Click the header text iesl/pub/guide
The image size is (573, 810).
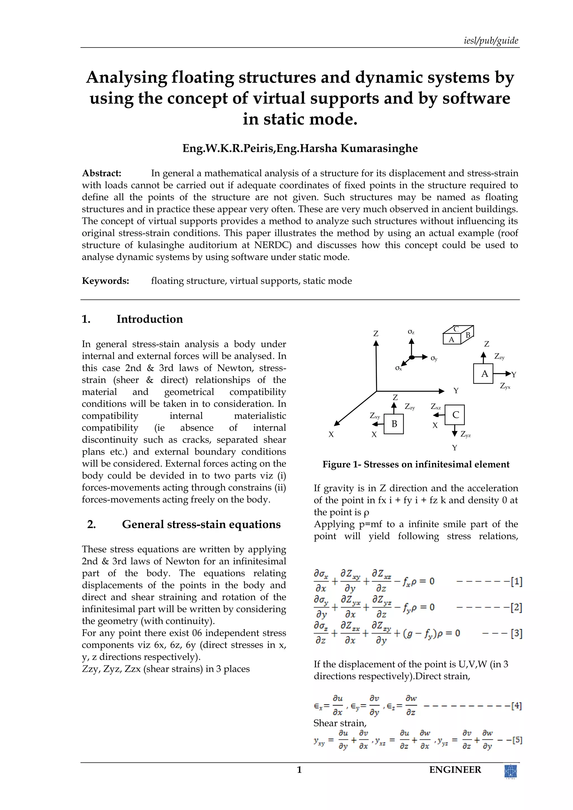point(491,41)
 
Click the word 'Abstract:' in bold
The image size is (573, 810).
point(102,173)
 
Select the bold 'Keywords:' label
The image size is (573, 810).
point(105,281)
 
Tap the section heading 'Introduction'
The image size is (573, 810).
point(150,319)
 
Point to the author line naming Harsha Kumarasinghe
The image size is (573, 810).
point(300,148)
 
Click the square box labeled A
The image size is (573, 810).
point(483,374)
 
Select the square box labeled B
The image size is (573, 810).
point(393,424)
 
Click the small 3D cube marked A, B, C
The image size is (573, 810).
point(458,335)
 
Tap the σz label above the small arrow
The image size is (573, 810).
point(411,332)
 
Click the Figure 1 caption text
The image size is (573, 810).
point(416,464)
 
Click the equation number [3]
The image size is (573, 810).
point(516,633)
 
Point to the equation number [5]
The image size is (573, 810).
point(517,740)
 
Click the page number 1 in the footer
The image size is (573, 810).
point(299,770)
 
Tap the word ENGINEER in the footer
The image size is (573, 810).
point(455,770)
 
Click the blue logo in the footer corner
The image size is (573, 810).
point(511,771)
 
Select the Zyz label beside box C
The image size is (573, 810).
point(465,435)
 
